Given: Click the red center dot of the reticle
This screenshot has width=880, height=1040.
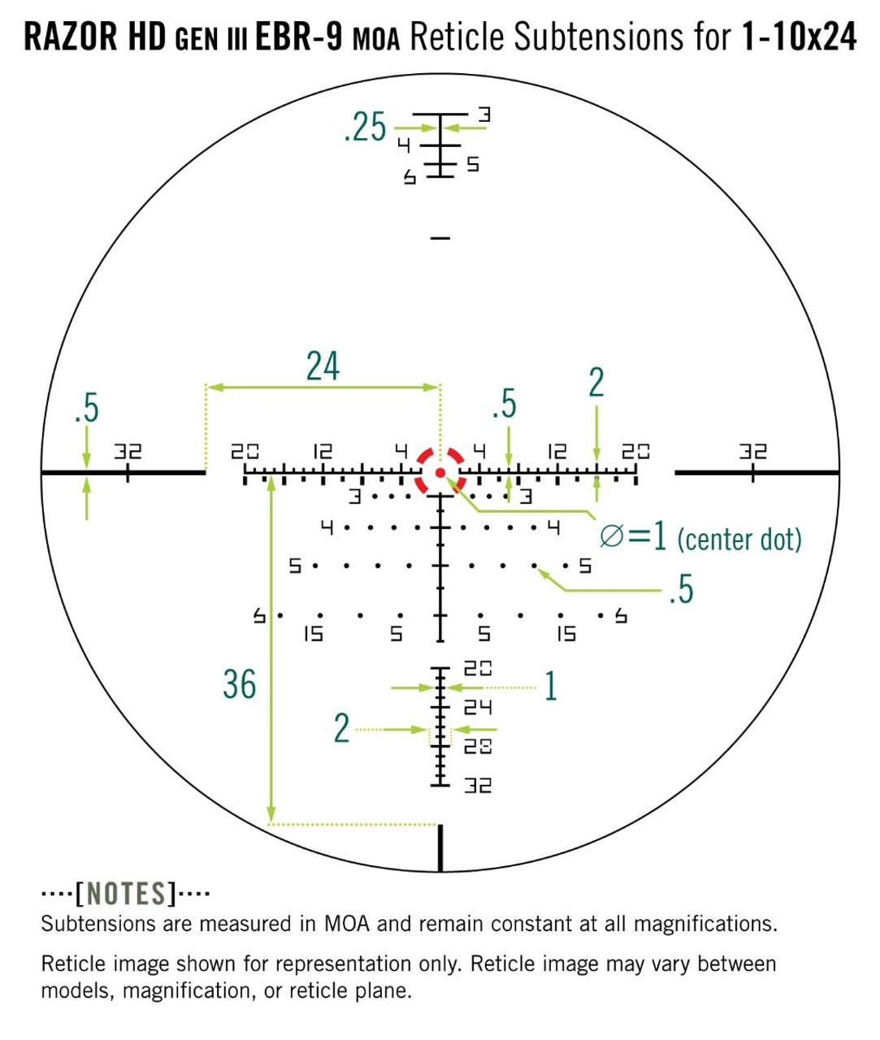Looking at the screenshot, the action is [x=440, y=472].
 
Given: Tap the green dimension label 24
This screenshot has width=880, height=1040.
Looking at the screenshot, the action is [x=323, y=366].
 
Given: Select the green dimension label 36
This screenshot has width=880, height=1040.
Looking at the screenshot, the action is [x=240, y=684].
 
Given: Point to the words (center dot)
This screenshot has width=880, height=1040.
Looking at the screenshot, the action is [x=739, y=539].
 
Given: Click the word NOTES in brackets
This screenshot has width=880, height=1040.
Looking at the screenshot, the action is [x=126, y=894].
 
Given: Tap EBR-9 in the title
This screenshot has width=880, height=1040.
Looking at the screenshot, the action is [x=299, y=37].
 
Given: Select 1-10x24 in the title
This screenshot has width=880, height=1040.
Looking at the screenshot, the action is [x=799, y=37].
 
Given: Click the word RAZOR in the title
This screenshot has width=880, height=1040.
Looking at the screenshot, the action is [x=70, y=37].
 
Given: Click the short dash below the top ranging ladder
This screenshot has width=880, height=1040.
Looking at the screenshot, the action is [x=440, y=238].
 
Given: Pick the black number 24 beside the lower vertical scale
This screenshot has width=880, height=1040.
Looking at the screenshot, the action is [x=478, y=708].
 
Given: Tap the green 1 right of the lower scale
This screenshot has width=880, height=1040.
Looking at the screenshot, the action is [x=551, y=686].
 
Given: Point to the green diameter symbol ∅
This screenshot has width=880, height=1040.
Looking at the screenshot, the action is [x=612, y=537].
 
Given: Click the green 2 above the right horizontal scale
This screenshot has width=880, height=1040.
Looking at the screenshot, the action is [x=596, y=383].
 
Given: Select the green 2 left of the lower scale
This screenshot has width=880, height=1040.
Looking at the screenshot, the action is [x=341, y=728].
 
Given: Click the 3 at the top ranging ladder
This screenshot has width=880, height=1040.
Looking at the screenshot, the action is [x=484, y=115].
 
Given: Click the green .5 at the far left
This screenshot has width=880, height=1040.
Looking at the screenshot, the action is [x=87, y=408].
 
